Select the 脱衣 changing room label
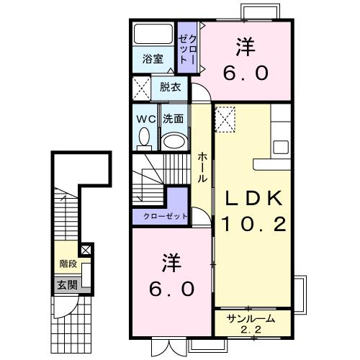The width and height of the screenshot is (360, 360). [171, 87]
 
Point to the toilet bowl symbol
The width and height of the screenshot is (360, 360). [144, 137]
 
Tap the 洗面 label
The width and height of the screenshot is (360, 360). [172, 118]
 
